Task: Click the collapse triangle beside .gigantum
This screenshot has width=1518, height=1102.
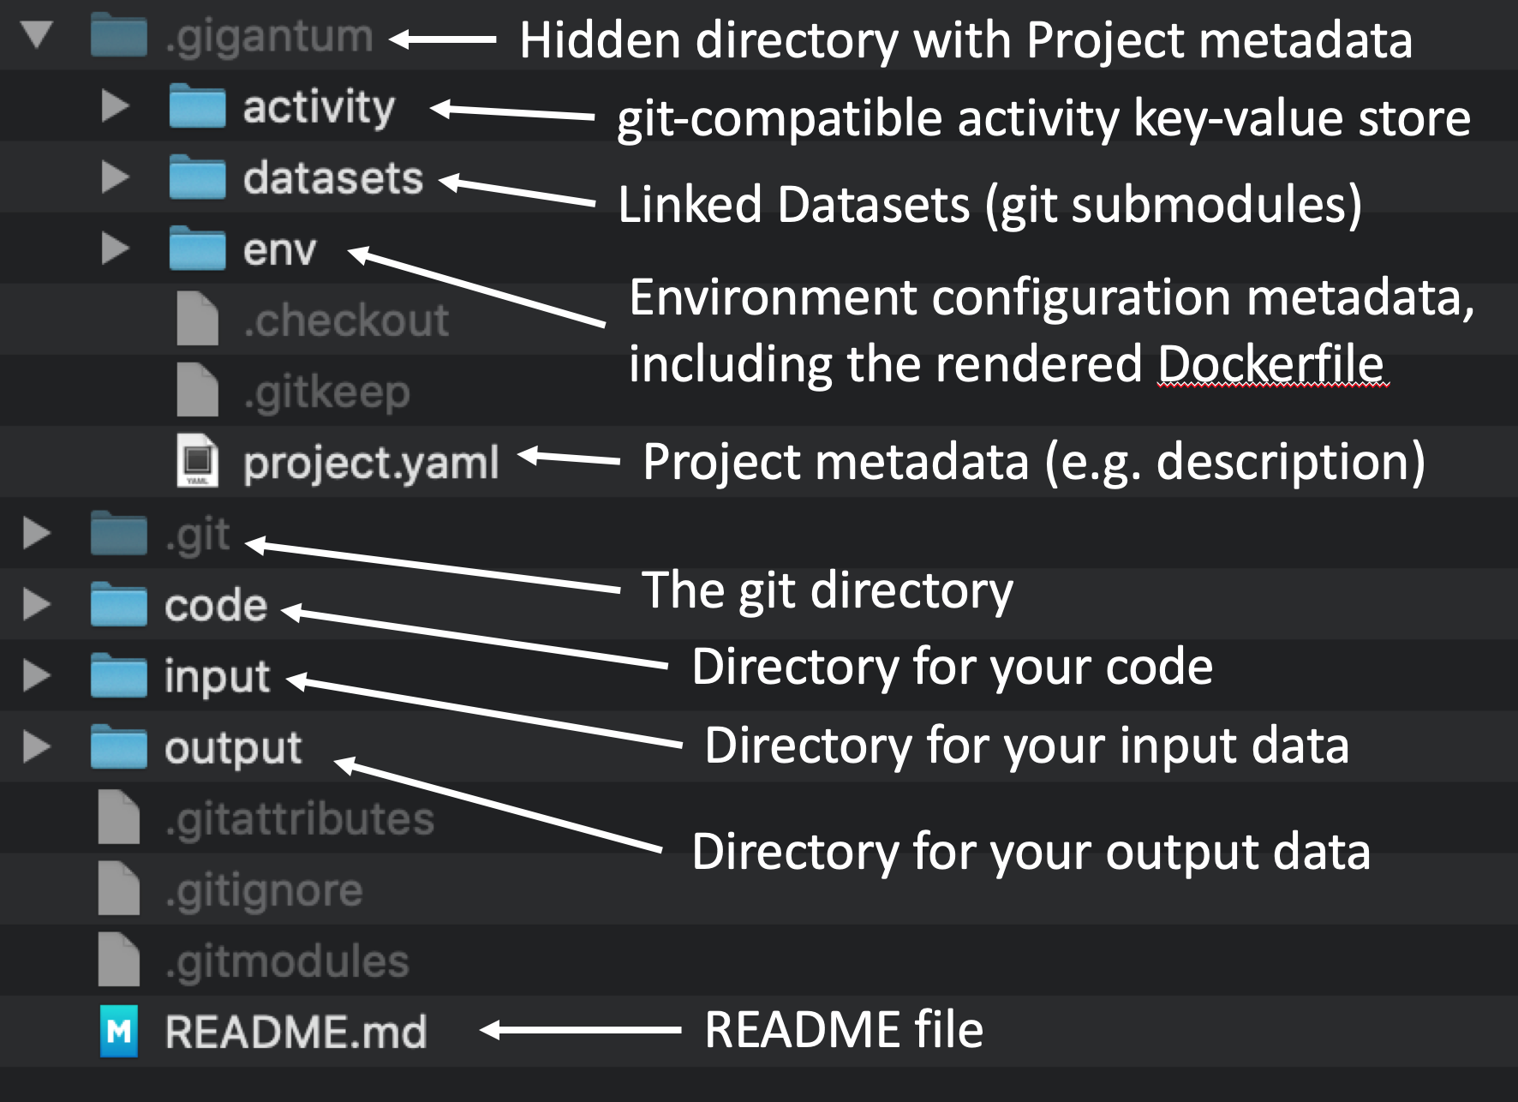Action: (37, 35)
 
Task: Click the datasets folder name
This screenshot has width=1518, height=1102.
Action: (333, 178)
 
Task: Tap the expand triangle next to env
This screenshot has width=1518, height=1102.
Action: (115, 249)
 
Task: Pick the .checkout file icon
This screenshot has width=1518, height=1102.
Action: (197, 318)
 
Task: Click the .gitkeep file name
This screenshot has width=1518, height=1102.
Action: (327, 392)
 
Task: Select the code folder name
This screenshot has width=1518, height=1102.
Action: (216, 605)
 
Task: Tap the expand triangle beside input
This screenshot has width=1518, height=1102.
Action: (37, 675)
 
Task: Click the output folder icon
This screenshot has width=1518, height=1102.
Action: (119, 746)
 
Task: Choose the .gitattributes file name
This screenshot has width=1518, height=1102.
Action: (300, 818)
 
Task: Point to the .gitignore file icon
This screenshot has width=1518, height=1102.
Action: (119, 888)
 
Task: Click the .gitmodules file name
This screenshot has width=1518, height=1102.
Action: (287, 961)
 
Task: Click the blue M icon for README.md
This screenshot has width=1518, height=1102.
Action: (119, 1031)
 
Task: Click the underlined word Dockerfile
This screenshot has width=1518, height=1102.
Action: (1271, 364)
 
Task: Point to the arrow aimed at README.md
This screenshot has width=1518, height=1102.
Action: (580, 1029)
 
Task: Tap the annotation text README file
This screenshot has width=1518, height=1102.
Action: (844, 1029)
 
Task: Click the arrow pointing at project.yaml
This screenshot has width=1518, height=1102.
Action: (569, 458)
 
